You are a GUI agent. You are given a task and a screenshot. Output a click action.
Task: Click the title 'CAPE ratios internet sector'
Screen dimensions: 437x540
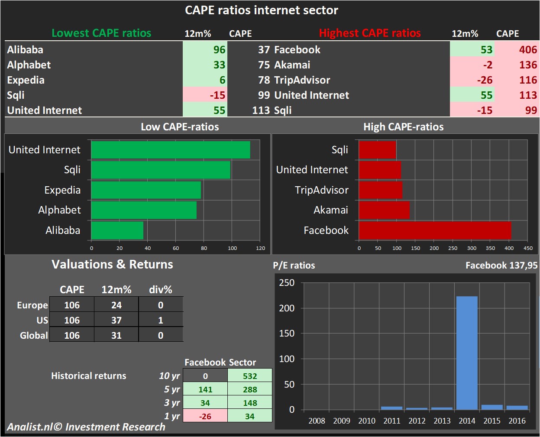261,10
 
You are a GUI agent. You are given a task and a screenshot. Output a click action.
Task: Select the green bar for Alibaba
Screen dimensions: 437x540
117,230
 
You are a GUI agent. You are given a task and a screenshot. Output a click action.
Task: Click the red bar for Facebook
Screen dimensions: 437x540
435,230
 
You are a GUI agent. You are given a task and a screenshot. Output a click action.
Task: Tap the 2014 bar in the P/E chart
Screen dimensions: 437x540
467,353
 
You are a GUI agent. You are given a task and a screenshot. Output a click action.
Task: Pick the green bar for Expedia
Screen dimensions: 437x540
146,190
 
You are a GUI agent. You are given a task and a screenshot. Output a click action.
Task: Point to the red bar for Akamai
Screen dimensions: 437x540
384,210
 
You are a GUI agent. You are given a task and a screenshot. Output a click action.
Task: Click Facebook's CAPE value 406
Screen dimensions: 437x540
528,50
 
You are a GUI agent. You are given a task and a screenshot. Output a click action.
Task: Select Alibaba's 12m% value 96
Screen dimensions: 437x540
219,50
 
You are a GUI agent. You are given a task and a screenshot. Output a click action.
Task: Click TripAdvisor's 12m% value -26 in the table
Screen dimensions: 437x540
485,80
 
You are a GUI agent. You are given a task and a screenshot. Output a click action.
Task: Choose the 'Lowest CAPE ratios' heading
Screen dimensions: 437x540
101,33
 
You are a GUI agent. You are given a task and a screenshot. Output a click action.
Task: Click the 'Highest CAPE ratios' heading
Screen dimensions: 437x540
370,33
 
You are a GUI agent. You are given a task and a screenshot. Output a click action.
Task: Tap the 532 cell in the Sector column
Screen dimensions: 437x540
250,376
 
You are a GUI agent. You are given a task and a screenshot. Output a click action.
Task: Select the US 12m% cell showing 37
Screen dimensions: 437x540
116,320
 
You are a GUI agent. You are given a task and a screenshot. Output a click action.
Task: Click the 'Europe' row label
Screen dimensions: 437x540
32,305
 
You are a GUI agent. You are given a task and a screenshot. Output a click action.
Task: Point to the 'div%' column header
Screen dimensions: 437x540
160,290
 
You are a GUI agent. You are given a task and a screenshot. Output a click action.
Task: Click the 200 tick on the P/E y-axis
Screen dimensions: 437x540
287,308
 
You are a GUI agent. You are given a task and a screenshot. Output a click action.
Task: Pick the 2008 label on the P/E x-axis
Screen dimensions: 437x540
317,421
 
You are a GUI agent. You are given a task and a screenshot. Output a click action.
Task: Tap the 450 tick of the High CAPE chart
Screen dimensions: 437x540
528,248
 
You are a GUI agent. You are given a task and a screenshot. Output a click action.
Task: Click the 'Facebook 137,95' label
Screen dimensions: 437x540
501,265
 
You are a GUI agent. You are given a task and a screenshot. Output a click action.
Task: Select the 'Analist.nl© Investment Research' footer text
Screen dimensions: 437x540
86,427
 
